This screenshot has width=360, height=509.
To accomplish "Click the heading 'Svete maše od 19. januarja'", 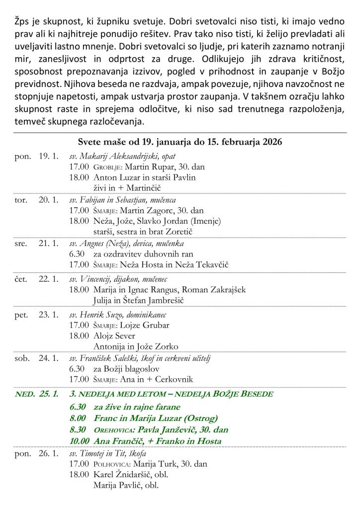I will coord(180,142).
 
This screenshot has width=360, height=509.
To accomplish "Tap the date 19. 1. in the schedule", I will coord(49,156).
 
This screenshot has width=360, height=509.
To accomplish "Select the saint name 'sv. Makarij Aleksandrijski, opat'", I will coord(122,156).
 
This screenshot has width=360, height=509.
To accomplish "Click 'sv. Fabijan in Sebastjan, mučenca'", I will coord(122,200).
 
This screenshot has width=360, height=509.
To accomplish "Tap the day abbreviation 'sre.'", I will coord(21,244).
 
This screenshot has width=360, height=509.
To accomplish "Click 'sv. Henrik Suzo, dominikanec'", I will coord(117,315).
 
